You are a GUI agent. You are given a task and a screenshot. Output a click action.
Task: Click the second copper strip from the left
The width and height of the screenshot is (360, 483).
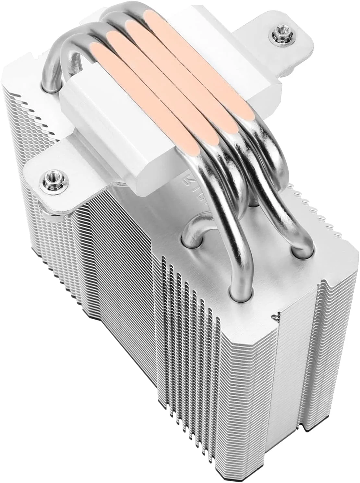pos(162,81)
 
